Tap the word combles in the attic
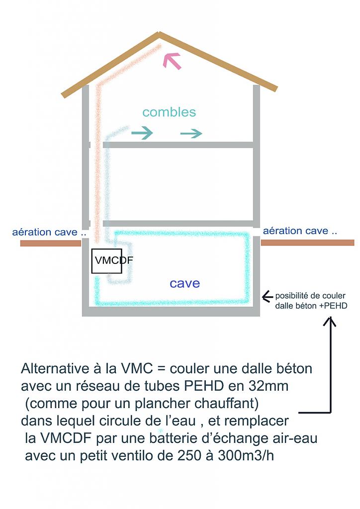click(x=169, y=112)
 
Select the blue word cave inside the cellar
click(x=184, y=283)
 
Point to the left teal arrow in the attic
click(x=142, y=133)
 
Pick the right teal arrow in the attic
click(x=191, y=133)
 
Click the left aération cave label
click(x=45, y=232)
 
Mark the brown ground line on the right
click(x=307, y=243)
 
